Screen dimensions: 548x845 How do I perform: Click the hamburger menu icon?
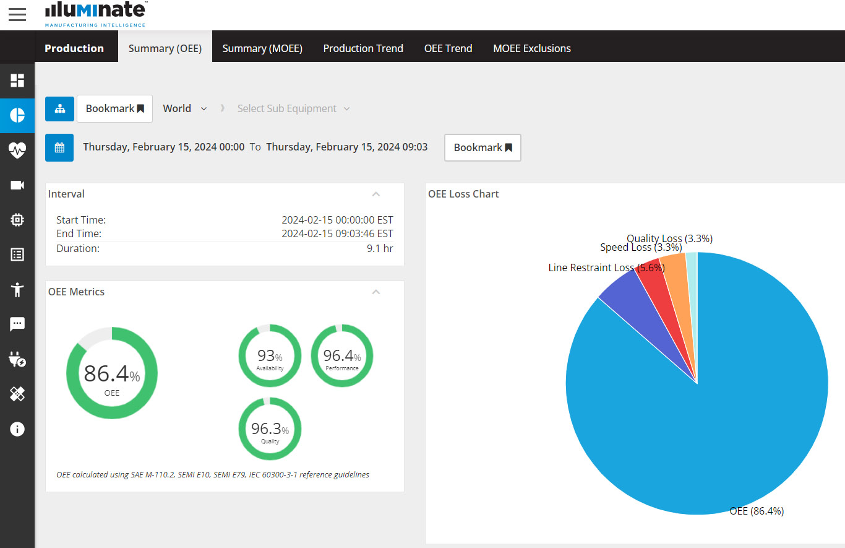click(17, 14)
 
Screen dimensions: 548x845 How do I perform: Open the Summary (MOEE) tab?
click(262, 48)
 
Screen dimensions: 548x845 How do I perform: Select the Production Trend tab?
click(363, 48)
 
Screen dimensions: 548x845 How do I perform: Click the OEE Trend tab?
click(448, 48)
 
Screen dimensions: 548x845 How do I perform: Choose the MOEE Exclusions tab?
click(532, 48)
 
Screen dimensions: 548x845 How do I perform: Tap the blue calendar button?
click(59, 147)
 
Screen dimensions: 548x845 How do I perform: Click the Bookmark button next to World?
click(114, 109)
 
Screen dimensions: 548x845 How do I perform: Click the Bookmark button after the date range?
click(483, 147)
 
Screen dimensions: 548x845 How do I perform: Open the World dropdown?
click(184, 109)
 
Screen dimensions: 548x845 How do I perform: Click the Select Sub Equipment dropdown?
click(293, 109)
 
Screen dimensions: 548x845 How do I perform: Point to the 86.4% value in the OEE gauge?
click(111, 373)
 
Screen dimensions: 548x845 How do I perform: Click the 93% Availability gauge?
click(270, 355)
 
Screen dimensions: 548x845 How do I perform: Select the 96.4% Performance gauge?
click(342, 355)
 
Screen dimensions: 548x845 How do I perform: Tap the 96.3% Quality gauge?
click(270, 428)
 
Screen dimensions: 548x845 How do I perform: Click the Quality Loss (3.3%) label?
click(669, 238)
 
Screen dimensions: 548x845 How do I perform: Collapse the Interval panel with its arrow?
click(375, 194)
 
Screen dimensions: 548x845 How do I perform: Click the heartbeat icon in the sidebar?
click(17, 150)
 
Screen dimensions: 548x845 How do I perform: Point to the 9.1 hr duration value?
click(379, 248)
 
